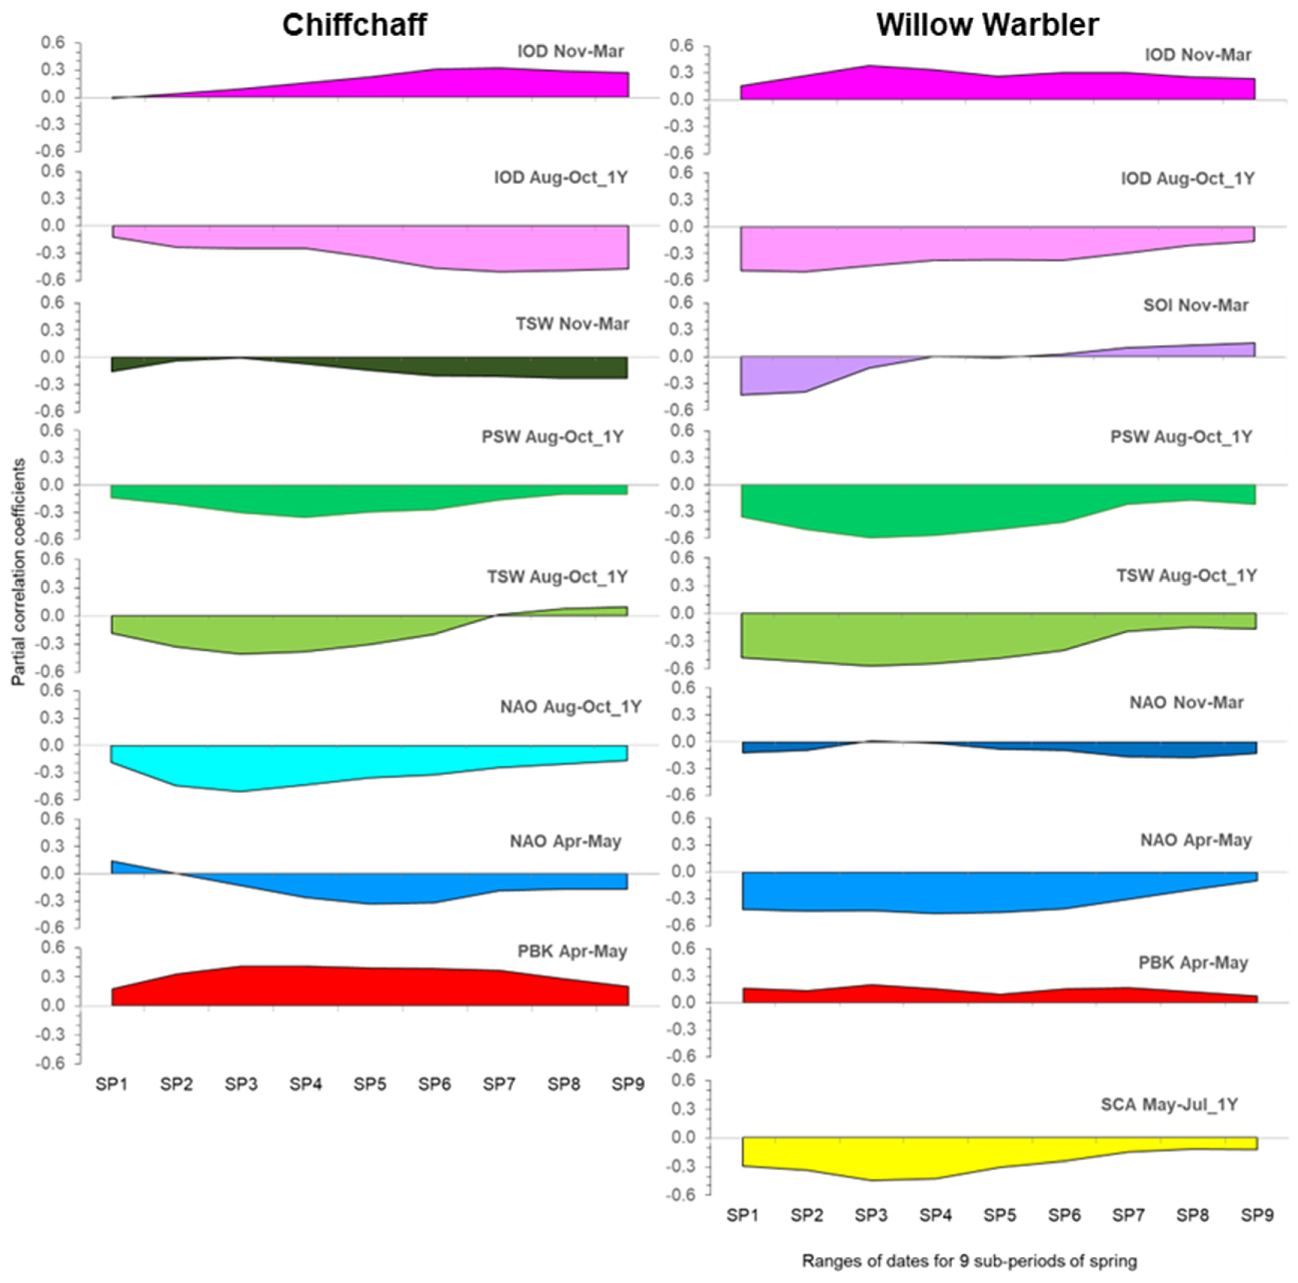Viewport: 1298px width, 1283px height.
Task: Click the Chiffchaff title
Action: (354, 25)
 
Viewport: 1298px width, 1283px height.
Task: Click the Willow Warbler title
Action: (987, 25)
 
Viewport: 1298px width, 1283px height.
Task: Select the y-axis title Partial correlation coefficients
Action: (19, 572)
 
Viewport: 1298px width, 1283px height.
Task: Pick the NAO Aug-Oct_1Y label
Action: (570, 707)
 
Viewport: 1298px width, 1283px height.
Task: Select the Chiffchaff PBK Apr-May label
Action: (572, 951)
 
